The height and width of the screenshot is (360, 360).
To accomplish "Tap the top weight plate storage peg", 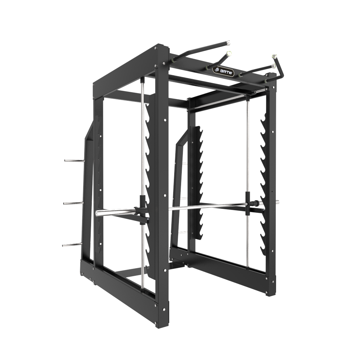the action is [73, 160].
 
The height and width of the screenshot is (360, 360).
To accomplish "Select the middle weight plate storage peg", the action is [73, 203].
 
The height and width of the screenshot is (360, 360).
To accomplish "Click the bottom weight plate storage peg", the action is [72, 245].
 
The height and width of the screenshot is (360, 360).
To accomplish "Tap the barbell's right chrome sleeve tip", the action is [278, 202].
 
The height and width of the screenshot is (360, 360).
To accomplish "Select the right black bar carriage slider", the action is [248, 203].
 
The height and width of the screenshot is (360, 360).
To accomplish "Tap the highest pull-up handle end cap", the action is [228, 42].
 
